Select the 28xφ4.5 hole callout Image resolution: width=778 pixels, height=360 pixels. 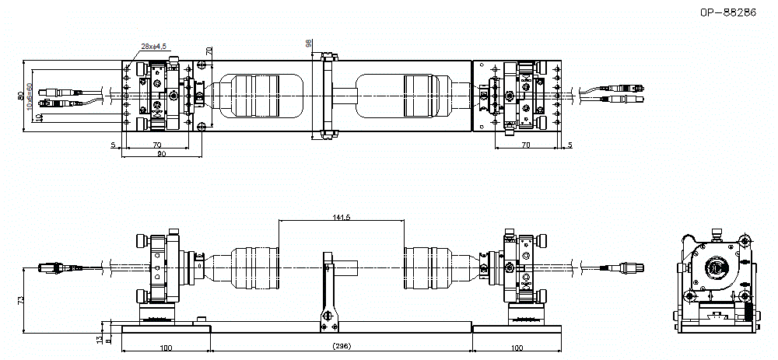[x=153, y=47]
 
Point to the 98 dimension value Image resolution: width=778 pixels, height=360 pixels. [x=309, y=44]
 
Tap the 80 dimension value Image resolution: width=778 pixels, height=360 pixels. [x=20, y=96]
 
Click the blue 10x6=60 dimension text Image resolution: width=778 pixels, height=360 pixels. [x=30, y=96]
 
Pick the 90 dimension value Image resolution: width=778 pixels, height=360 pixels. [x=161, y=153]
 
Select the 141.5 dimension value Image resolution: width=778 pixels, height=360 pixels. [x=341, y=217]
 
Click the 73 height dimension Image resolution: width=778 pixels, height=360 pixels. [x=20, y=299]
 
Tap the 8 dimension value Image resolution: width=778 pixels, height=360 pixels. [x=108, y=340]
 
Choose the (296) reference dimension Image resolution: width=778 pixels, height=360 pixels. [x=340, y=346]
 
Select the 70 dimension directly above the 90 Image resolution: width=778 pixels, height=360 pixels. [x=156, y=144]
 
